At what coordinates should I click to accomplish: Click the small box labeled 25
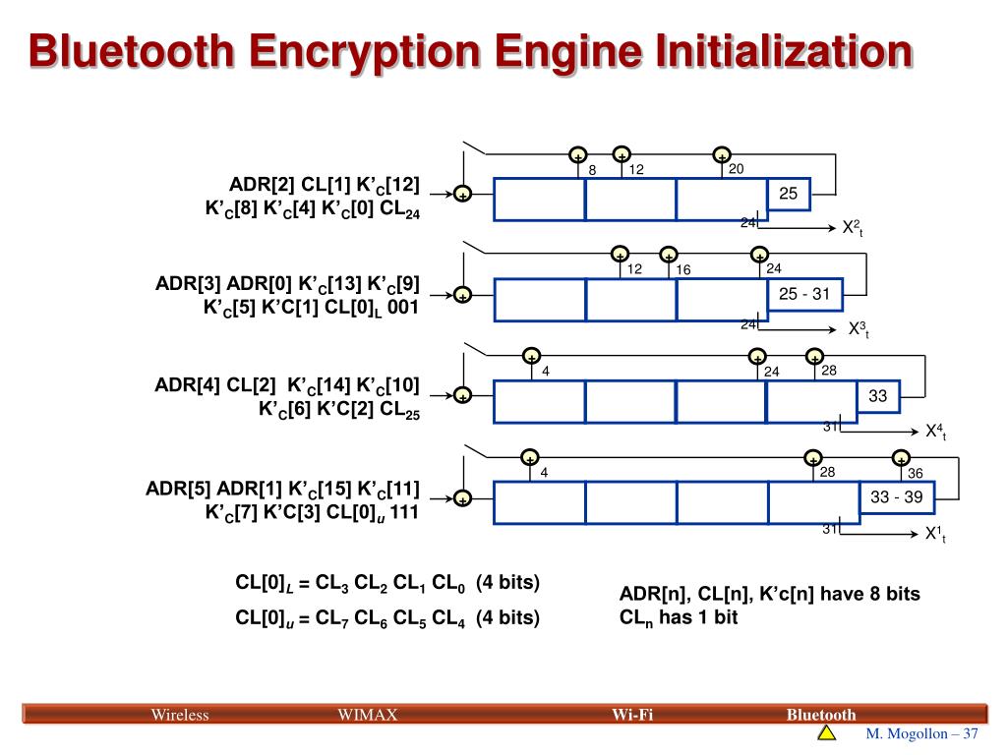tap(789, 195)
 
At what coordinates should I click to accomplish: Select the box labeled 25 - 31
tap(804, 294)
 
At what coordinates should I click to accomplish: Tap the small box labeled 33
tap(878, 396)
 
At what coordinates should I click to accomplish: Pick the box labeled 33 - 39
tap(896, 497)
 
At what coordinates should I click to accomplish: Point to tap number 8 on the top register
tap(593, 170)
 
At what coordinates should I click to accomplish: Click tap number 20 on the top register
tap(736, 169)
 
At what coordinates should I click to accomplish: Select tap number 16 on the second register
tap(683, 270)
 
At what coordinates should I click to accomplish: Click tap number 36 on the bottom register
tap(915, 474)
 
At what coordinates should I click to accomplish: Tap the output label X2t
tap(852, 228)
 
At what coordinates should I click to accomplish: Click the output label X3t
tap(859, 329)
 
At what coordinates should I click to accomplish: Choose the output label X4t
tap(935, 432)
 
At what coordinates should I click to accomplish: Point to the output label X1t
tap(934, 534)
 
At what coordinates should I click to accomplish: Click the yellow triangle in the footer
tap(826, 734)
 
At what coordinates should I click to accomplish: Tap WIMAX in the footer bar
tap(367, 715)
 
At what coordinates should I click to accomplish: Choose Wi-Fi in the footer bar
tap(632, 715)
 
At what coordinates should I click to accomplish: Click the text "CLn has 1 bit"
tap(678, 617)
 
